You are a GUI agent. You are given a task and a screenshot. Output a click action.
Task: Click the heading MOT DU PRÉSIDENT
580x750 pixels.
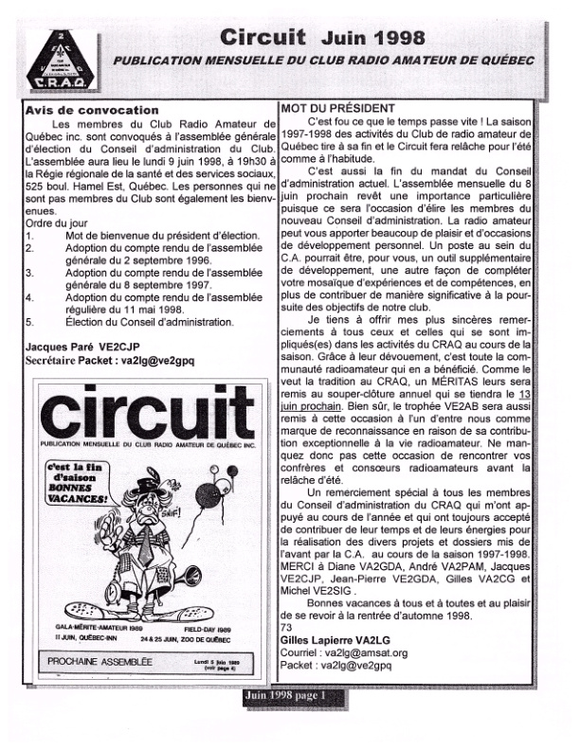[x=331, y=108]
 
